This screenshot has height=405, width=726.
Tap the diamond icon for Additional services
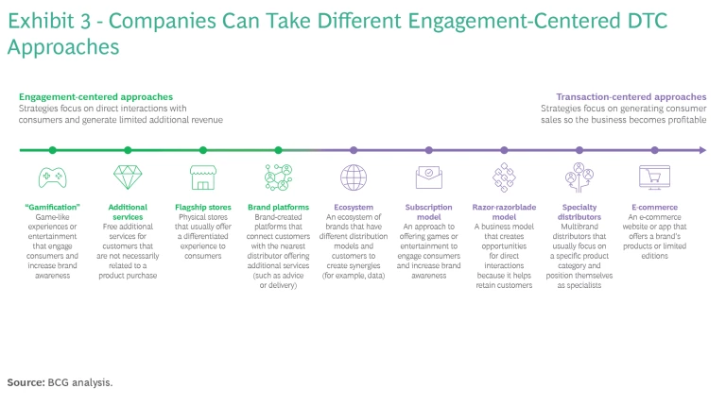tap(127, 177)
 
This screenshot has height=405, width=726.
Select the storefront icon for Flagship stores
tap(202, 177)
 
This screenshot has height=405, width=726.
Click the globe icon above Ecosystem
tap(354, 177)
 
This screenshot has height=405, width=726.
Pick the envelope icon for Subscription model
tap(428, 177)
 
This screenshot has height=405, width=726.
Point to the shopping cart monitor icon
tap(654, 177)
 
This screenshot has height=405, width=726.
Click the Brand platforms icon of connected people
tap(278, 177)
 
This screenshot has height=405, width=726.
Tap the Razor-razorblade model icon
tap(504, 177)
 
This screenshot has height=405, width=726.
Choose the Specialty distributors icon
tap(579, 177)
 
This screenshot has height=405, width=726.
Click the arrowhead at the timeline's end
tap(701, 149)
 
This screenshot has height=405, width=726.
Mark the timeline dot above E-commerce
tap(654, 149)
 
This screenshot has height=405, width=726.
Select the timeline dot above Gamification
tap(52, 149)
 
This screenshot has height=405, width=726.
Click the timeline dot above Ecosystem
tap(354, 149)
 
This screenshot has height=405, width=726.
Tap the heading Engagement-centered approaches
tap(95, 97)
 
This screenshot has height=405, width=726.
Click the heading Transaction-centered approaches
tap(631, 97)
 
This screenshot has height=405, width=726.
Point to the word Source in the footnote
tap(24, 382)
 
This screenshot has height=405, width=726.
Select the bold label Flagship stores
tap(202, 207)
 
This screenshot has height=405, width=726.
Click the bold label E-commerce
tap(654, 207)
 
